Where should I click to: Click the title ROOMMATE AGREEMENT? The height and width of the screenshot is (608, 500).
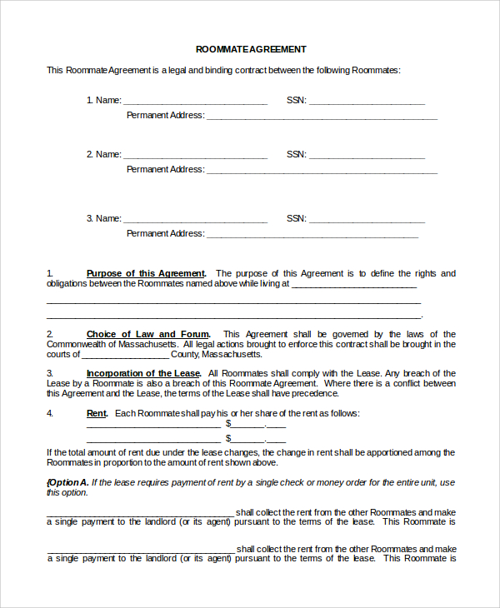251,49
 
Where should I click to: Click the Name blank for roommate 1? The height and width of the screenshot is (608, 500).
195,102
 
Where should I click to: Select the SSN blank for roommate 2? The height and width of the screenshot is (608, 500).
367,156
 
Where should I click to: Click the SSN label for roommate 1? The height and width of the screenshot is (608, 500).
296,100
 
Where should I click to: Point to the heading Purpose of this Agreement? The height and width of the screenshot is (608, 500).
146,273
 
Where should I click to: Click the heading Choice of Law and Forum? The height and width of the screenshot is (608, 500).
148,334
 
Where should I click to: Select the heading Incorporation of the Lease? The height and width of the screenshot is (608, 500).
143,373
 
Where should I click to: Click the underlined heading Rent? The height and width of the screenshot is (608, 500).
97,413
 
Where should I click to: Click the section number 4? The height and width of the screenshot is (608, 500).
50,413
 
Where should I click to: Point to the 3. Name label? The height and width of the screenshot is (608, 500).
103,218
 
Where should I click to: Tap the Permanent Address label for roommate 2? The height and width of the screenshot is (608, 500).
165,169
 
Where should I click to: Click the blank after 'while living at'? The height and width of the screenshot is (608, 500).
353,285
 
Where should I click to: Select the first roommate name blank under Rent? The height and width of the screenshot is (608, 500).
153,425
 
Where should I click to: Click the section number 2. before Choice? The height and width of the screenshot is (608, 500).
50,334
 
